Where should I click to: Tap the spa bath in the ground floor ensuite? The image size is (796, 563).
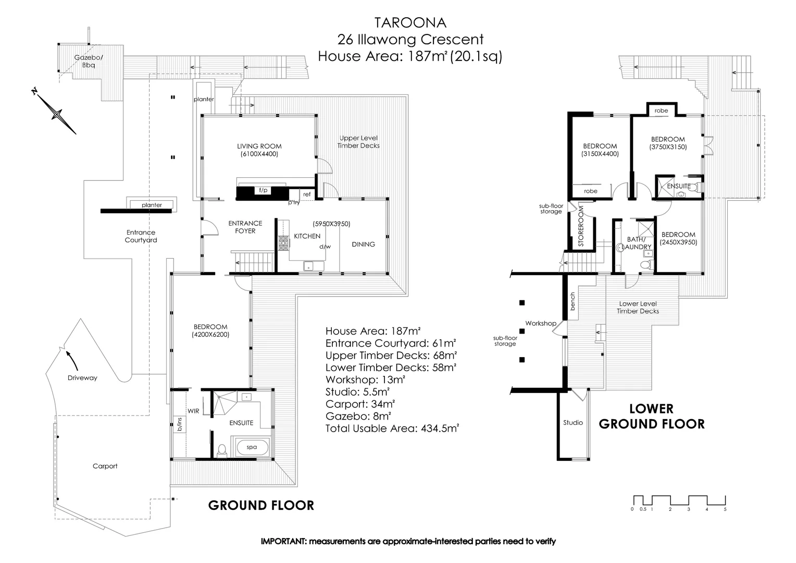[x=252, y=447]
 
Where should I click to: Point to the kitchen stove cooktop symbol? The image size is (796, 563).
[x=283, y=243]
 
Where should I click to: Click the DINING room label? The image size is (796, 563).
[x=363, y=244]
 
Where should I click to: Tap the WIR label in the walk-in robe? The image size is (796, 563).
[x=193, y=411]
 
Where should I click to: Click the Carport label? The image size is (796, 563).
[x=105, y=466]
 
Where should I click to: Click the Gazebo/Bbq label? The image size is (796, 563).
[x=88, y=61]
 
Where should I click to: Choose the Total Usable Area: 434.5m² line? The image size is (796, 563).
[x=392, y=429]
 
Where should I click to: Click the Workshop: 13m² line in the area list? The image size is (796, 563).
[x=365, y=380]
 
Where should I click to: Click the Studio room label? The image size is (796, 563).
[x=573, y=422]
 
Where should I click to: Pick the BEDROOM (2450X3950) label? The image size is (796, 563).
[x=678, y=238]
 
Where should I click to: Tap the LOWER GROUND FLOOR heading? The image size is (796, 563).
[x=651, y=416]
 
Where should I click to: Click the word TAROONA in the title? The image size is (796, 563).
[x=410, y=23]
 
